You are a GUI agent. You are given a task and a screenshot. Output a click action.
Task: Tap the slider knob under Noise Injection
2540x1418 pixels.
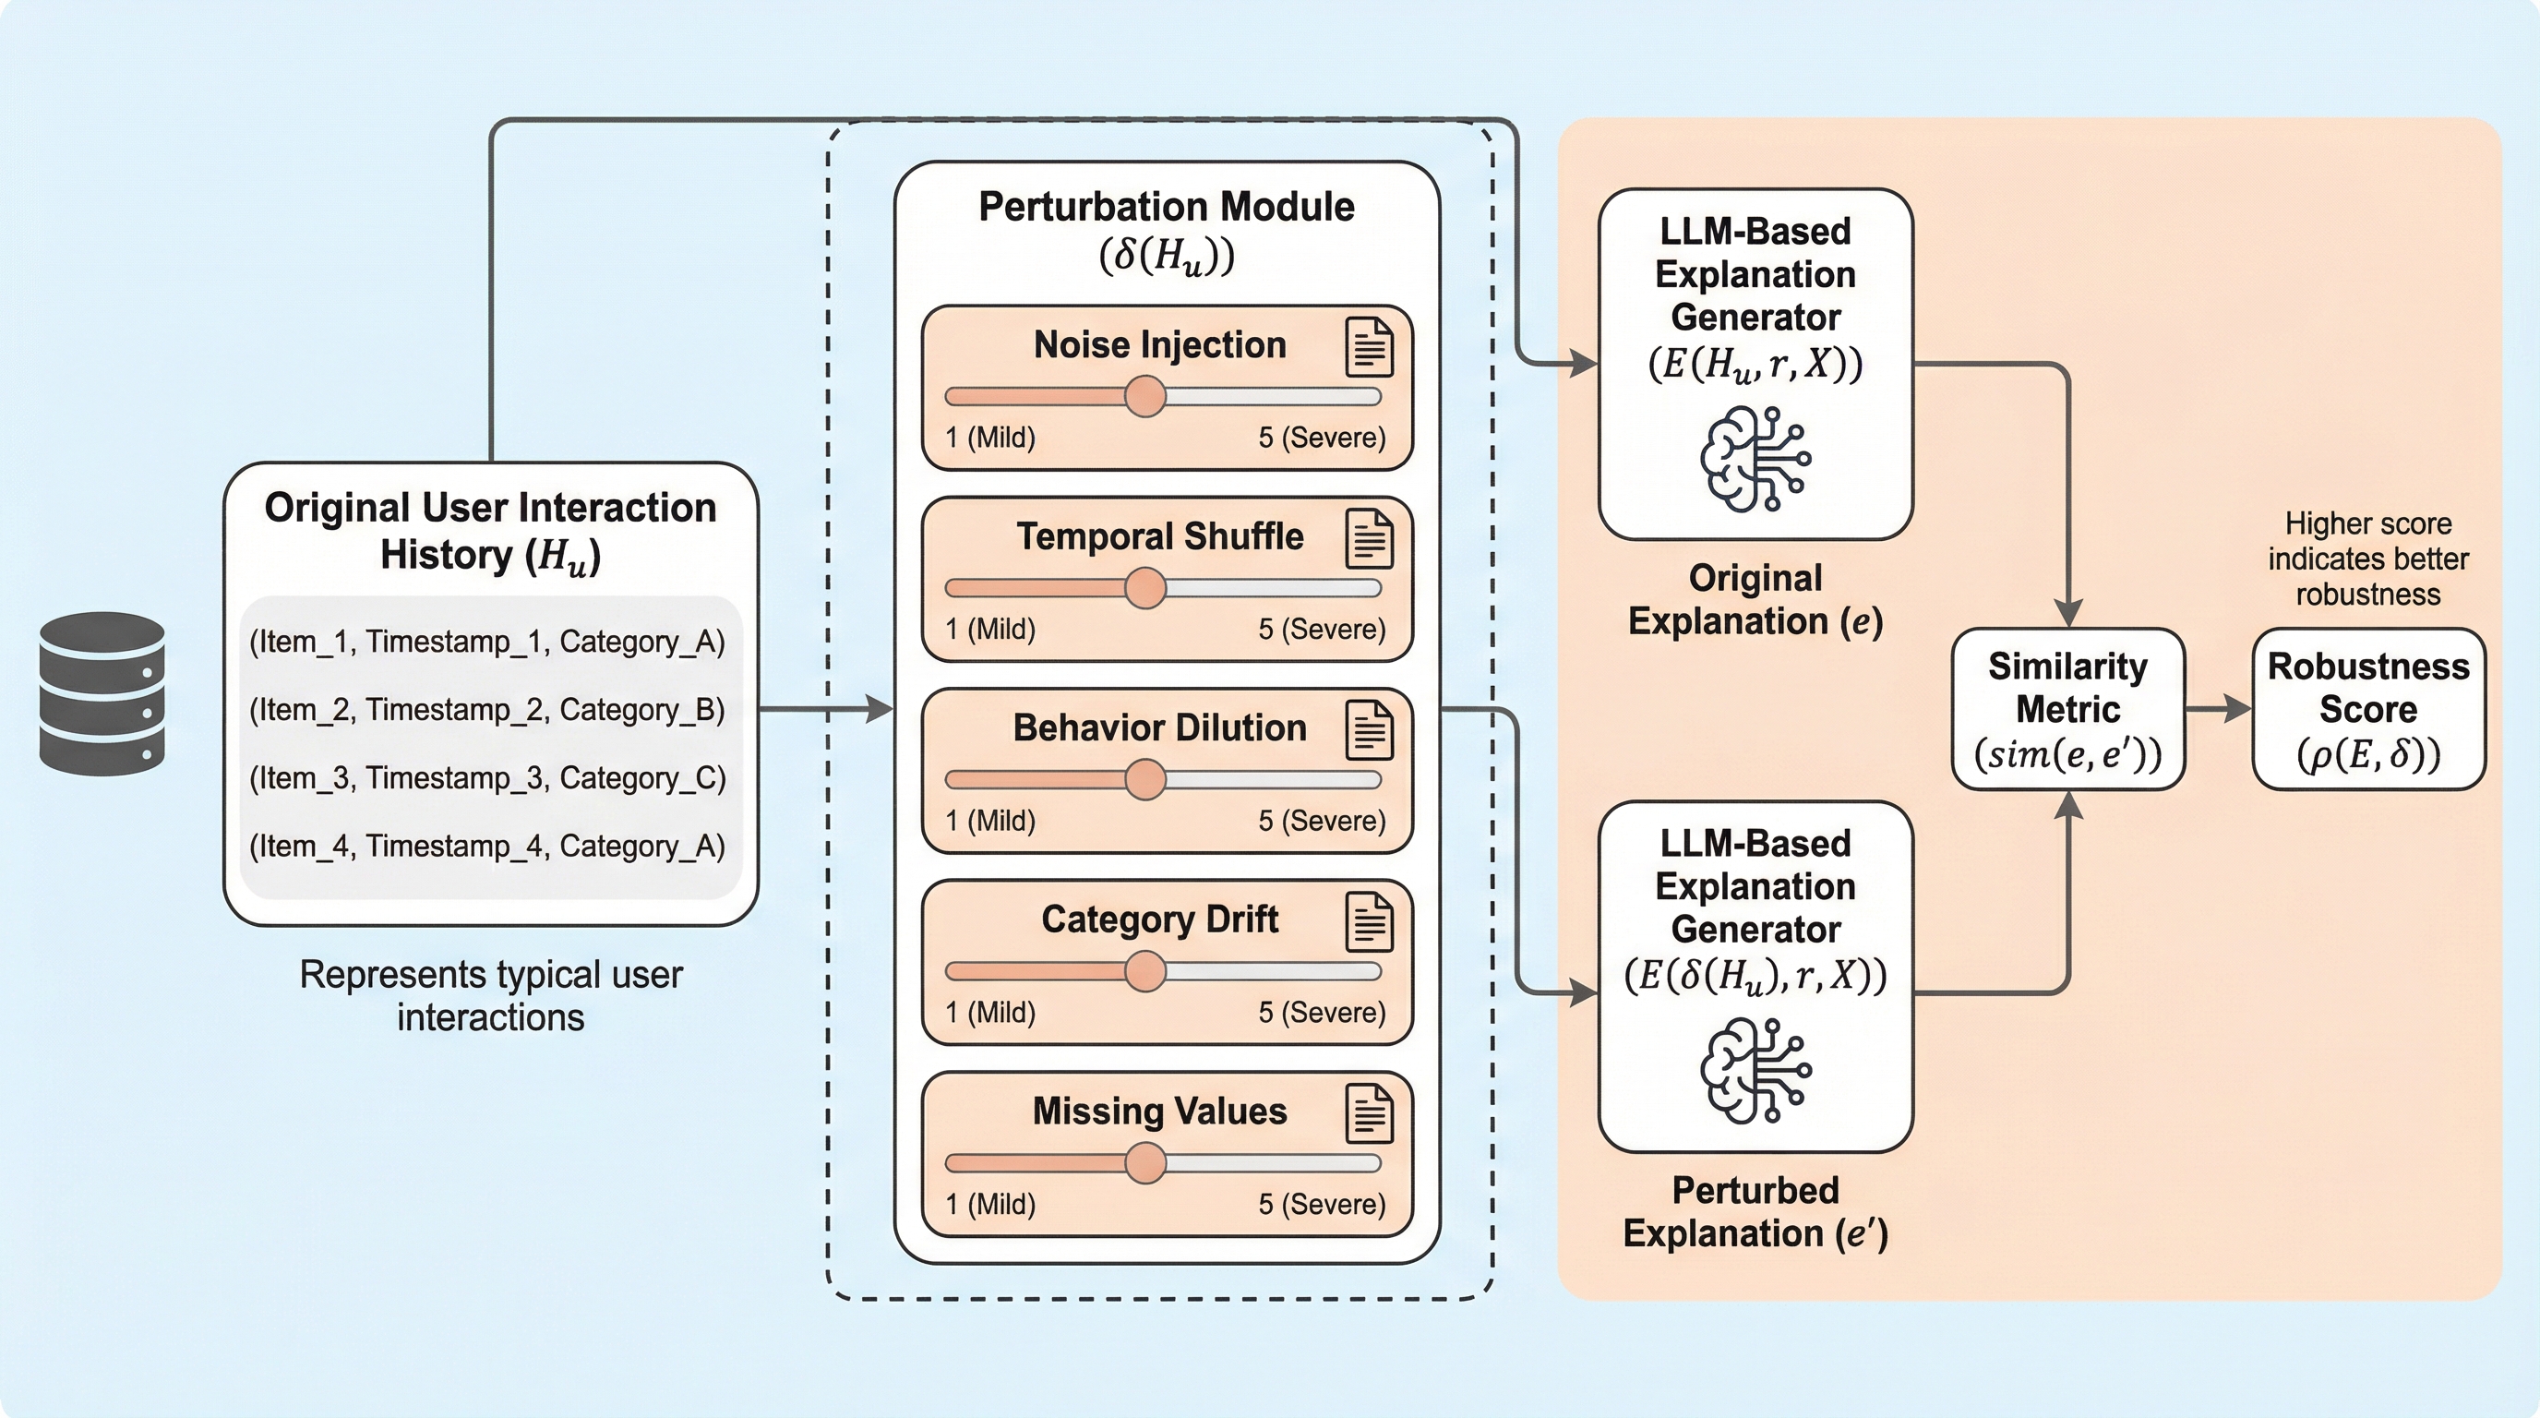(1144, 396)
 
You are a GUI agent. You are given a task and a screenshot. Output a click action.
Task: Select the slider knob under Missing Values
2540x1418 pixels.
(1144, 1162)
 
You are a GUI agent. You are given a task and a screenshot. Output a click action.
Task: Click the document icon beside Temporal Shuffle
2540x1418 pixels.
(1370, 539)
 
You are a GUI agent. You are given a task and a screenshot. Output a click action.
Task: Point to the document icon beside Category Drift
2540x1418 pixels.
(1370, 922)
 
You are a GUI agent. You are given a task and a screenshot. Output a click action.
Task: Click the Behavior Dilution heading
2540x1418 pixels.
(1159, 727)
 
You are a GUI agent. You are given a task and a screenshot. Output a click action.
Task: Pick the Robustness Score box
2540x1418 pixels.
(2368, 710)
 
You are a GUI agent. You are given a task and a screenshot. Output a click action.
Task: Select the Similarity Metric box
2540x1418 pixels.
(2067, 710)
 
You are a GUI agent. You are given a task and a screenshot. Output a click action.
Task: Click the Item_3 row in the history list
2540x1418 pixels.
(487, 778)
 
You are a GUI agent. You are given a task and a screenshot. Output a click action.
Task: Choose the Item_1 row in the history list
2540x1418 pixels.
(487, 642)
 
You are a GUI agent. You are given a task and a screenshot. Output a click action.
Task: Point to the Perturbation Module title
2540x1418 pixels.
(1167, 208)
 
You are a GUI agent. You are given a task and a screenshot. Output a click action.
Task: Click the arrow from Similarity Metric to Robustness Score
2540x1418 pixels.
(2219, 709)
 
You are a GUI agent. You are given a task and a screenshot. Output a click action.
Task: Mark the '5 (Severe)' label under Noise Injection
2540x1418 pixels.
(1322, 438)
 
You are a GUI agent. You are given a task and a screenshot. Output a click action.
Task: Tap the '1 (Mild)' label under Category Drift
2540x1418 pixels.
(990, 1013)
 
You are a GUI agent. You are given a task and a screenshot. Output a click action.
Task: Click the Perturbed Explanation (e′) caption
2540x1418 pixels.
(1755, 1212)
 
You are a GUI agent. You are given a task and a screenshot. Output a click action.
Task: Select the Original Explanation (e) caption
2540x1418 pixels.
(1755, 599)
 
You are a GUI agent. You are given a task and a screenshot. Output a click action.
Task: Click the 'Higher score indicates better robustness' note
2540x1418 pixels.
(2367, 559)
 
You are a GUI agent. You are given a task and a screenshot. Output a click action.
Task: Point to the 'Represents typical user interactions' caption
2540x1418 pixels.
(491, 996)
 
